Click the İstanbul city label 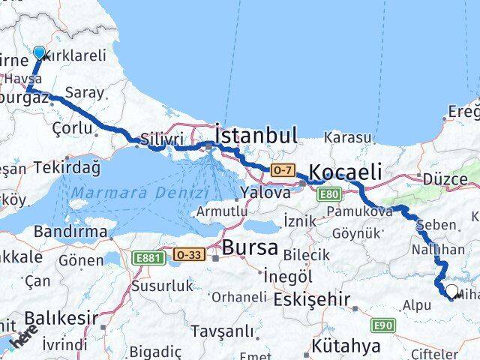(256, 136)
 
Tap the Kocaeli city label (345, 172)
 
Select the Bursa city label (251, 247)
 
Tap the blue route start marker (39, 53)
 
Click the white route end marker (451, 290)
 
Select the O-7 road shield (281, 170)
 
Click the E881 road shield (148, 257)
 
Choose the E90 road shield (383, 325)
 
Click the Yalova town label (265, 192)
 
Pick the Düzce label (445, 179)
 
